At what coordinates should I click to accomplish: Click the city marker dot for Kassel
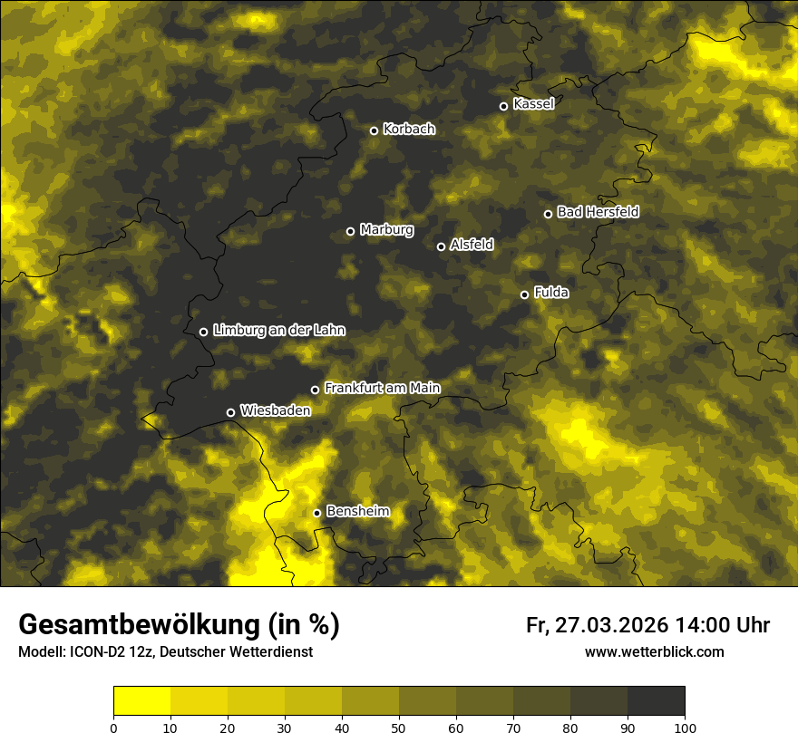503,106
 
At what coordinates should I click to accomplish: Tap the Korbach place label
409,129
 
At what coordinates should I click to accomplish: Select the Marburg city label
386,229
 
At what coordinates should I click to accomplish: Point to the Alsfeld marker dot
441,246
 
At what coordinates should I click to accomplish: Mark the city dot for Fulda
524,294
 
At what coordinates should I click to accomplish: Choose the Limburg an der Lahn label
279,330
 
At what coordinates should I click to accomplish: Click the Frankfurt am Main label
382,388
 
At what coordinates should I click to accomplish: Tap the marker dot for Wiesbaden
230,412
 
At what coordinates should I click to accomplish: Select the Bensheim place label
357,511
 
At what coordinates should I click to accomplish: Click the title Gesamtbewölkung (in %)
179,625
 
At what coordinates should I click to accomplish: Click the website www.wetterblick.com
654,651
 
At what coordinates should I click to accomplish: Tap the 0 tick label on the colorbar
113,728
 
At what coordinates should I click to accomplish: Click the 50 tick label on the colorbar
399,728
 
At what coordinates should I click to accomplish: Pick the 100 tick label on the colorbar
685,728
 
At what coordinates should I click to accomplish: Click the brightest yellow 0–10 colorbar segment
141,701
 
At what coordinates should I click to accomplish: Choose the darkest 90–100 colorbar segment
656,701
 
